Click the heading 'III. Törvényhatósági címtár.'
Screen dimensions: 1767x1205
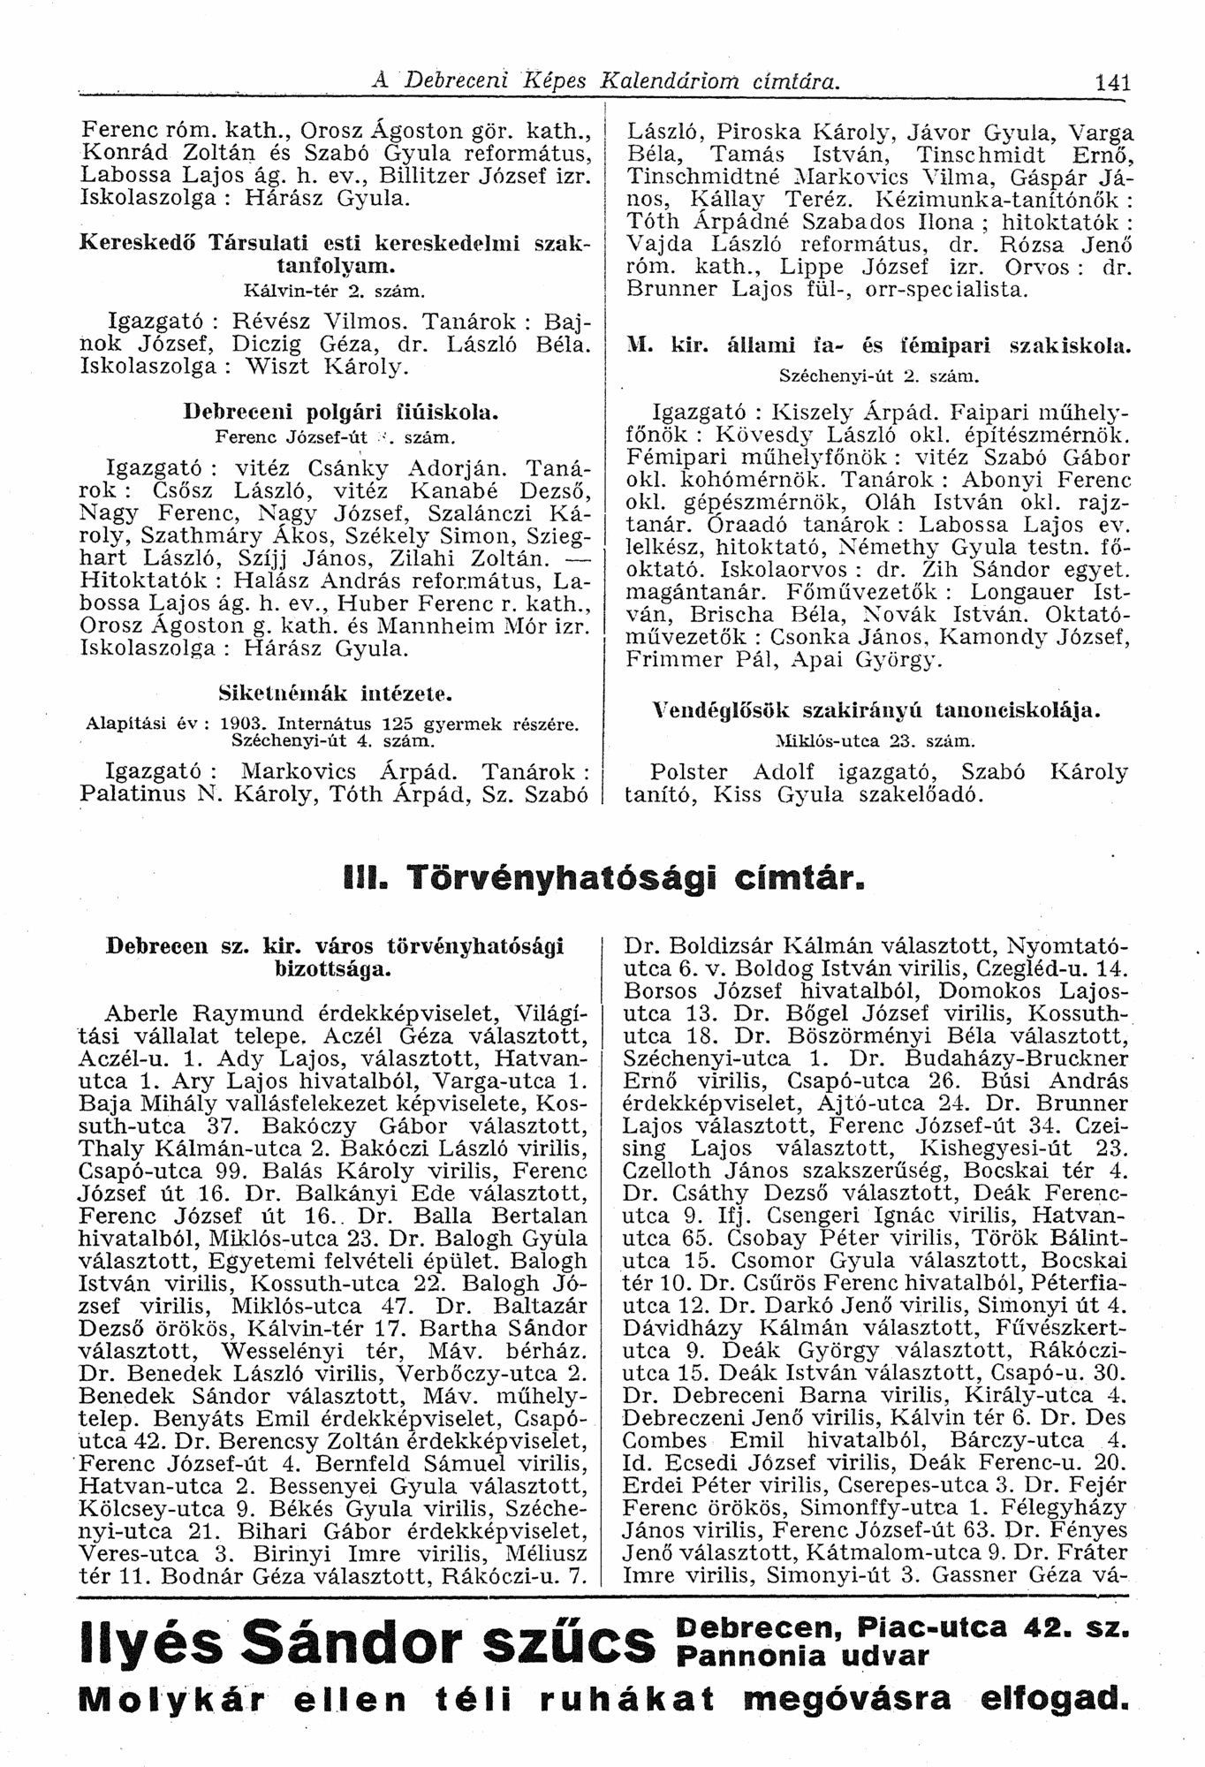click(x=600, y=879)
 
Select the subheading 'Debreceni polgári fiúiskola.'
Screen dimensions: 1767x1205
click(x=336, y=411)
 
